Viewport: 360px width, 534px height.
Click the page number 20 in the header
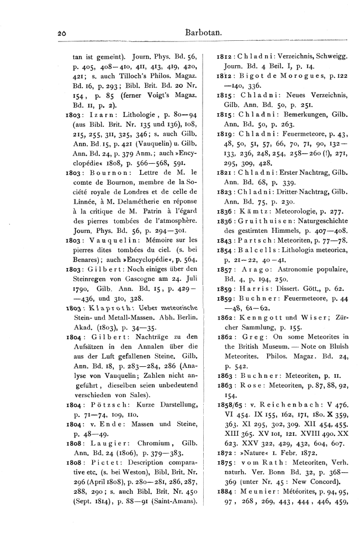61,34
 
